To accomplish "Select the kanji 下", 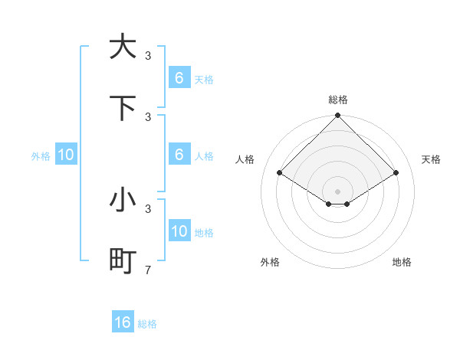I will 123,108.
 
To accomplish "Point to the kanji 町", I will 123,261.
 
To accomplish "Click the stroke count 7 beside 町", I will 148,270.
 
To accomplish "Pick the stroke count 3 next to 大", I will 148,55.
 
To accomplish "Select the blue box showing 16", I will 123,322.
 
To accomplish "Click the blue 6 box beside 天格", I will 179,77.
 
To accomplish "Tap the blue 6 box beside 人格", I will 179,154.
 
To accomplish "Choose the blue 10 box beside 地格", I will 179,231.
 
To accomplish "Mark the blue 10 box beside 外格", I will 66,154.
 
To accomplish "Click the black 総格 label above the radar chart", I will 338,100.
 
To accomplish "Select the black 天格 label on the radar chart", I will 431,159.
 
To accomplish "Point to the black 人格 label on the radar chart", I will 245,159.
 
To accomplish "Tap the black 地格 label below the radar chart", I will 402,262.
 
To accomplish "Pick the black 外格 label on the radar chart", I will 270,262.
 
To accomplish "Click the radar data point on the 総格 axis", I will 338,116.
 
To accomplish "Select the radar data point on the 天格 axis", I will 396,172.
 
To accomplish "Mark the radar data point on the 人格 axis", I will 280,172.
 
